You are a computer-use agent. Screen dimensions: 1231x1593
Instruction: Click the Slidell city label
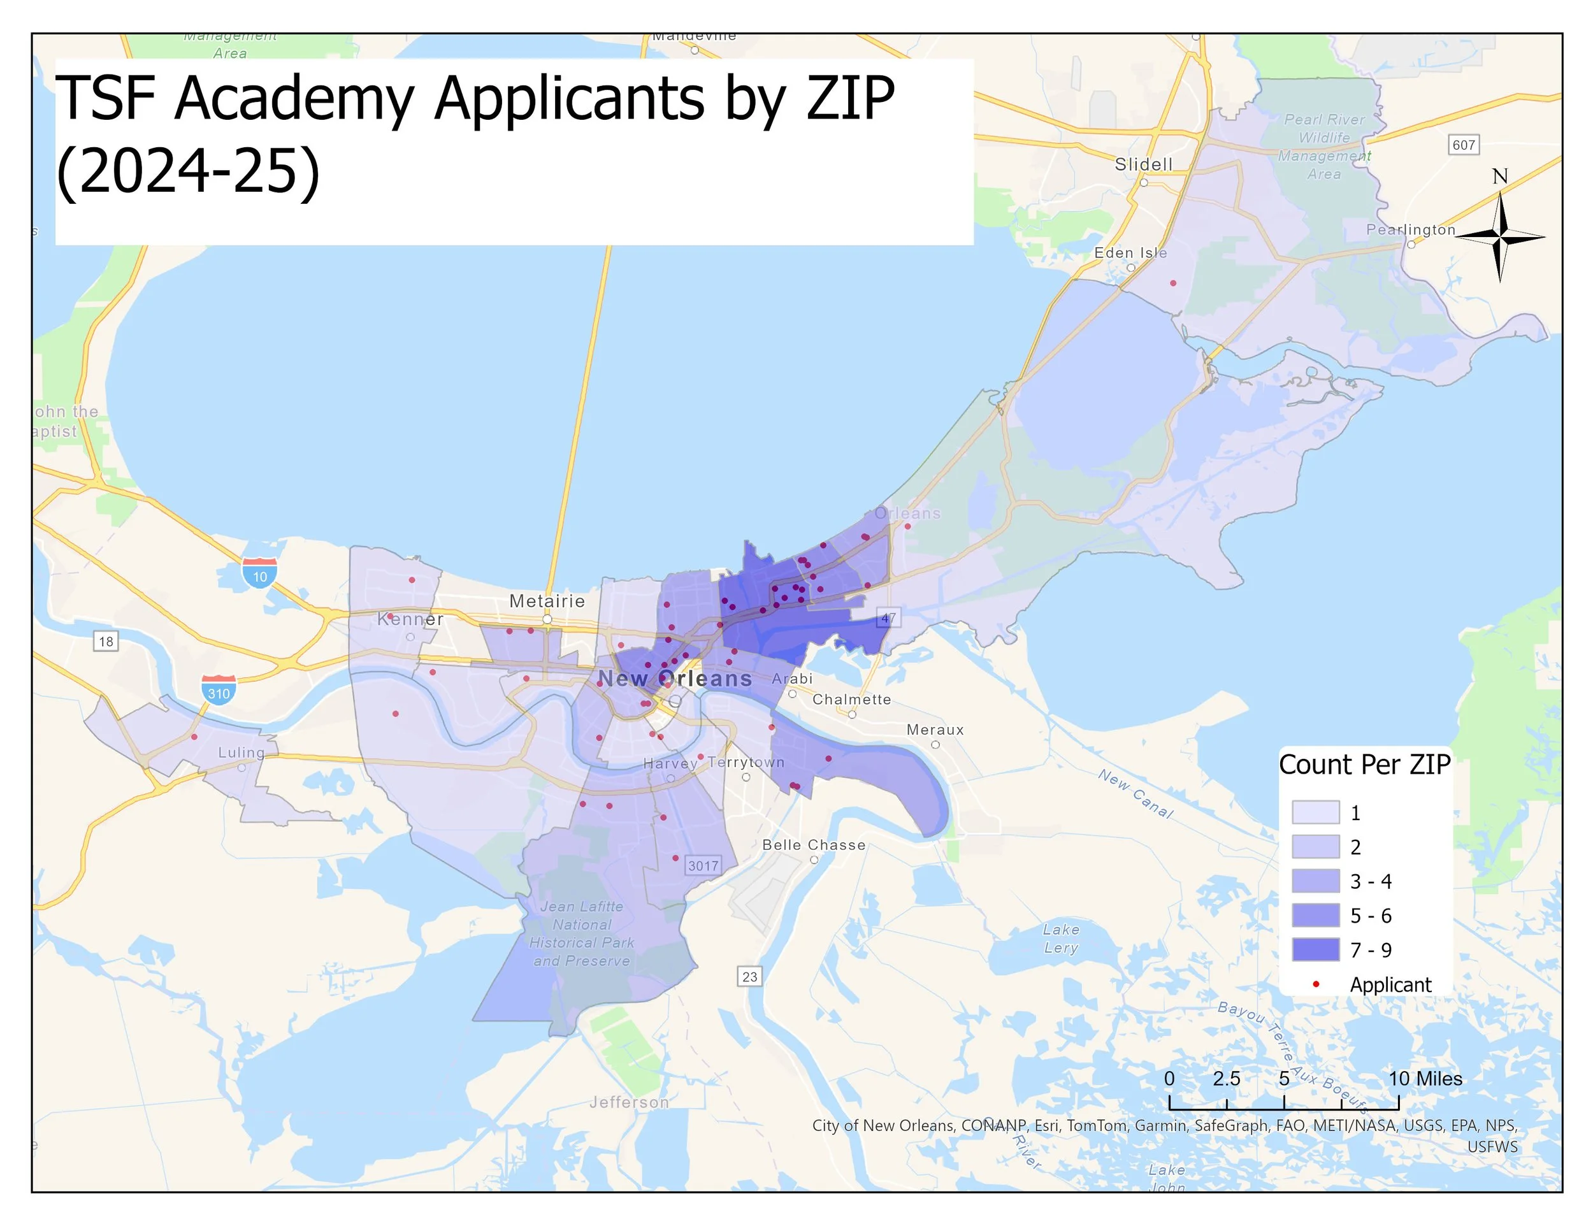(1143, 165)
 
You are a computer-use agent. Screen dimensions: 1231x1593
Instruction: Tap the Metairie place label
(547, 601)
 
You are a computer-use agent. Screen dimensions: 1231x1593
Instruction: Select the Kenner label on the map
(410, 619)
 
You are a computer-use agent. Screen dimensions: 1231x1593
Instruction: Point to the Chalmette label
(851, 700)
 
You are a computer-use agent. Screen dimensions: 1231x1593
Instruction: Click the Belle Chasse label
(813, 844)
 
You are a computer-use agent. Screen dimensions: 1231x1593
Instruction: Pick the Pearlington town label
(1410, 230)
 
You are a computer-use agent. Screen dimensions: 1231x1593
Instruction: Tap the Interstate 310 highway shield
(219, 690)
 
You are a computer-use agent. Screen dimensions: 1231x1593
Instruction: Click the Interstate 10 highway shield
(260, 573)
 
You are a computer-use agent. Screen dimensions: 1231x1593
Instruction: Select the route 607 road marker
(1463, 145)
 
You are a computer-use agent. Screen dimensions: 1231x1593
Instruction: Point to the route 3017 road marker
(703, 866)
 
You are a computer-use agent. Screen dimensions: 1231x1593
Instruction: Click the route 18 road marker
(106, 641)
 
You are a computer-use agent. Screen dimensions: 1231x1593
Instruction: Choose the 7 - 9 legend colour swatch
(1315, 949)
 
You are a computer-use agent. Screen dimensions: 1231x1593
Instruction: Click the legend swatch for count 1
(1315, 812)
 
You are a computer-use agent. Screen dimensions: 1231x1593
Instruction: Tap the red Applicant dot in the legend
(1316, 984)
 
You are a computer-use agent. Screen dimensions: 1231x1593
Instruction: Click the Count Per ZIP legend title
(1364, 764)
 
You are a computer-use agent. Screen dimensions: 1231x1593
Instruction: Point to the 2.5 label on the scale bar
(1226, 1079)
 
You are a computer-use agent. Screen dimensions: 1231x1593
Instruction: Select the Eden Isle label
(1130, 253)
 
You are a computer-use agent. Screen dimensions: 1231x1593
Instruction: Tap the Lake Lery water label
(1060, 939)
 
